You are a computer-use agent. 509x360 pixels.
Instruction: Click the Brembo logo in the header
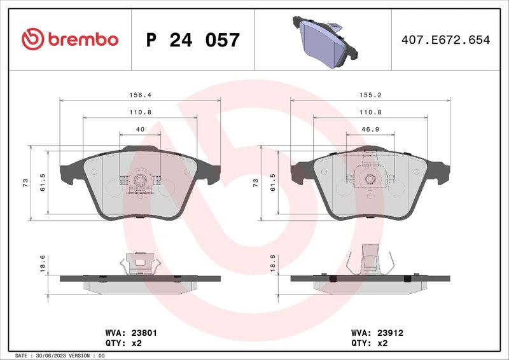70,39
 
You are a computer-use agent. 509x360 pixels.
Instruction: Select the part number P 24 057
193,40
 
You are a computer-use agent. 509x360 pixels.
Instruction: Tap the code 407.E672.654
445,40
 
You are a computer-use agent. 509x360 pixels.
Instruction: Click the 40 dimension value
140,129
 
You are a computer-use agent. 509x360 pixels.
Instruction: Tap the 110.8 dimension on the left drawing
140,111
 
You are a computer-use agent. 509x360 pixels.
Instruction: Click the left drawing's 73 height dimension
25,183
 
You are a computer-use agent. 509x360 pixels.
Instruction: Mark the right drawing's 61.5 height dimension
272,183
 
